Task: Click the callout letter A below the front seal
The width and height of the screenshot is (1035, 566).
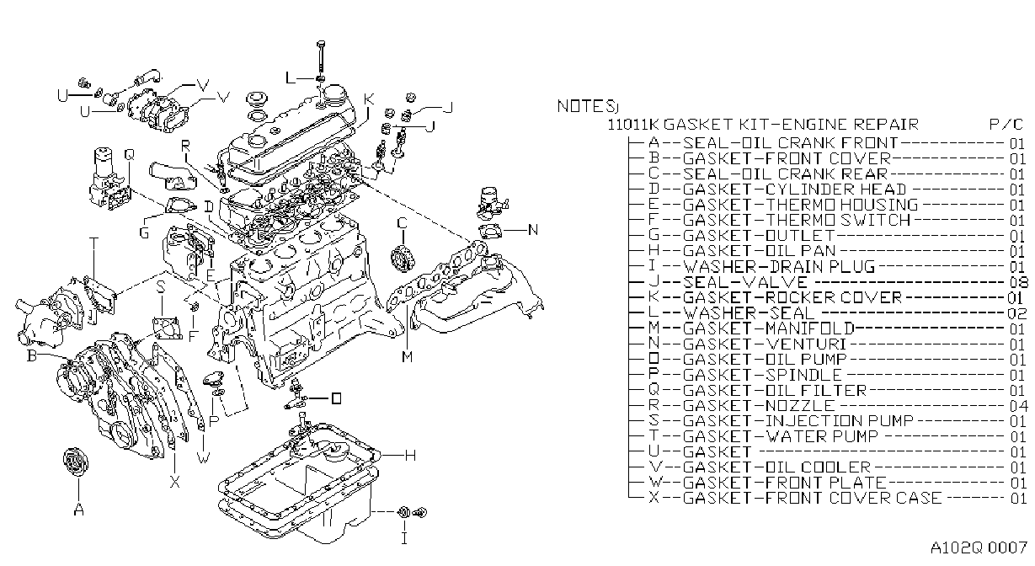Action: pyautogui.click(x=79, y=510)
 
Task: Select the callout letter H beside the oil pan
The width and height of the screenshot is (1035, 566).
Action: pyautogui.click(x=410, y=456)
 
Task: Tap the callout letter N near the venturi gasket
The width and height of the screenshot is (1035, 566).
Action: pyautogui.click(x=533, y=230)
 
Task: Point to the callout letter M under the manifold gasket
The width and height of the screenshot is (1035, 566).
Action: pyautogui.click(x=407, y=356)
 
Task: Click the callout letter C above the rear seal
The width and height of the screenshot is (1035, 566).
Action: pyautogui.click(x=403, y=223)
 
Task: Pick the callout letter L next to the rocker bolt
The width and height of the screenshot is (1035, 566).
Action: pyautogui.click(x=291, y=77)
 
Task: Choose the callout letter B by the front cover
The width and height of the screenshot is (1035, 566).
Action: pyautogui.click(x=31, y=355)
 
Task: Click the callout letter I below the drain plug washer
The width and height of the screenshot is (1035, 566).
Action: pyautogui.click(x=404, y=538)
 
